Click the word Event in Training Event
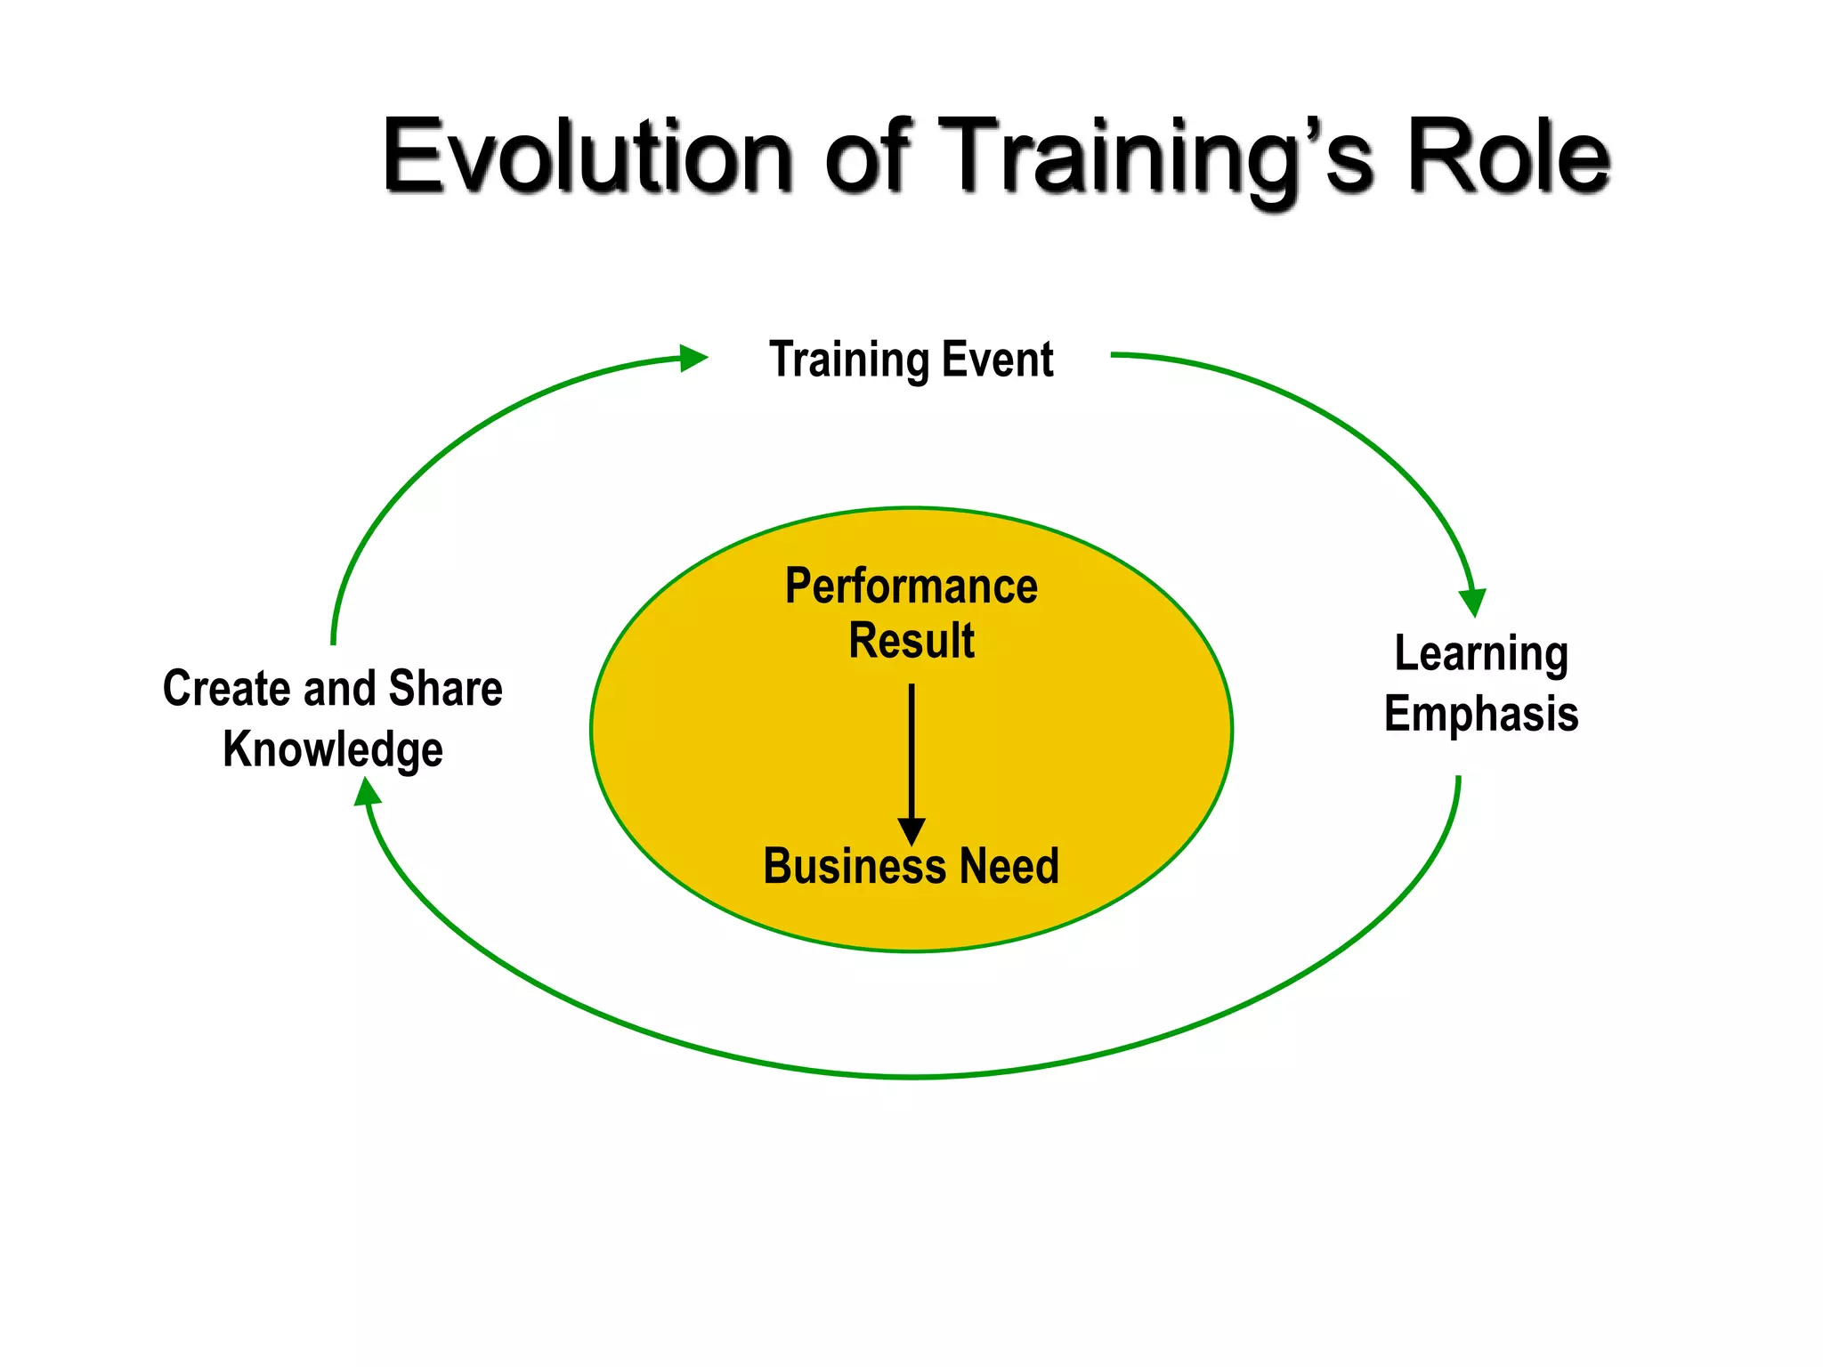pos(998,360)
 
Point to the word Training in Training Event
pos(849,361)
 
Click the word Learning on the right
pos(1481,655)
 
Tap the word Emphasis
pos(1481,714)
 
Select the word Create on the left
pos(226,689)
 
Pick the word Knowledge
pos(333,749)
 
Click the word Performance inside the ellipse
pos(911,586)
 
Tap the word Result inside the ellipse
pos(911,641)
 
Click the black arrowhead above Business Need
pos(911,831)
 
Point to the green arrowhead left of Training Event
pos(692,358)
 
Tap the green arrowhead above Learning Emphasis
pos(1473,602)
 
